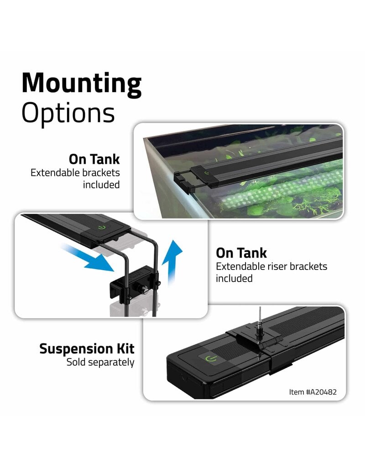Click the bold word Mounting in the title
coord(81,84)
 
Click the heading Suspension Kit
coord(87,349)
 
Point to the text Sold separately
coord(100,363)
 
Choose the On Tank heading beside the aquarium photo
coord(94,159)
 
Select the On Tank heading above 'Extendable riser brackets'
coord(241,253)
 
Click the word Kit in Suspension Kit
coord(124,349)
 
